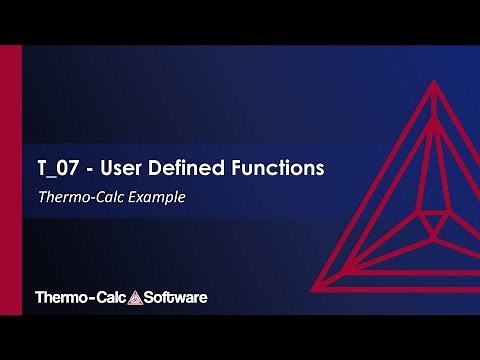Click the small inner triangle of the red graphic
click(x=433, y=221)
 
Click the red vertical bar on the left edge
click(x=10, y=180)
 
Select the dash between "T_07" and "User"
click(x=89, y=168)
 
